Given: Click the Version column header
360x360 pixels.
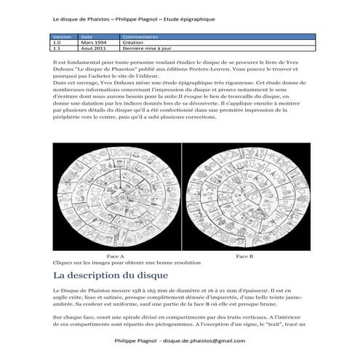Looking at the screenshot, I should point(60,36).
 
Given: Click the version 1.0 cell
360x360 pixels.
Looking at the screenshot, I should point(57,41).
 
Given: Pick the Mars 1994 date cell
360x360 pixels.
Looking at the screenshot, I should point(92,41).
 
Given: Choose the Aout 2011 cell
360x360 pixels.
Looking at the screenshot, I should point(92,47).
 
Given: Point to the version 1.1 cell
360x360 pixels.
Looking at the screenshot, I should point(57,47).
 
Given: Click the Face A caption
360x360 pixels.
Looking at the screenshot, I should point(115,257).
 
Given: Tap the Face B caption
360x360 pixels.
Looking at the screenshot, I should point(245,257).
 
